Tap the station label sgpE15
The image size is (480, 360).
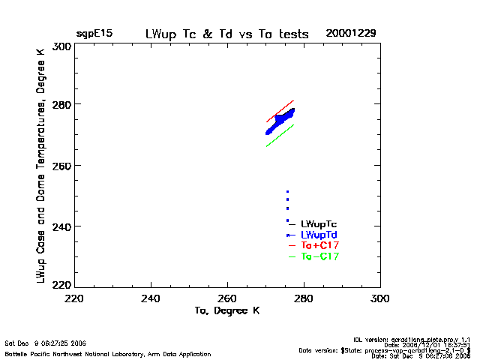click(x=94, y=34)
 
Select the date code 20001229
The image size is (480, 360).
click(x=351, y=34)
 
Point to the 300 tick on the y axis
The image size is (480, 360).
click(x=61, y=46)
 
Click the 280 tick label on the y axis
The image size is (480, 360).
click(x=61, y=104)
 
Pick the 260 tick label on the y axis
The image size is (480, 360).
click(x=61, y=165)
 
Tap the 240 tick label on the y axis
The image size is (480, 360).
click(x=61, y=226)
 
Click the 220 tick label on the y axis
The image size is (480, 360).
click(x=61, y=285)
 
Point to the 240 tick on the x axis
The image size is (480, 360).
click(x=151, y=298)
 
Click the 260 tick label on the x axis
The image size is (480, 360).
click(x=227, y=298)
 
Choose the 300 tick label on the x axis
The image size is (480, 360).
click(x=379, y=298)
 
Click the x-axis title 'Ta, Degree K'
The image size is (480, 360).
click(x=226, y=310)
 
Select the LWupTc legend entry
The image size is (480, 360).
click(x=319, y=224)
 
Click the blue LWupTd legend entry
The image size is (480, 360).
click(x=319, y=235)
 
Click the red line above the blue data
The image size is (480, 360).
click(x=280, y=111)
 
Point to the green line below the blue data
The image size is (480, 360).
click(x=280, y=135)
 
